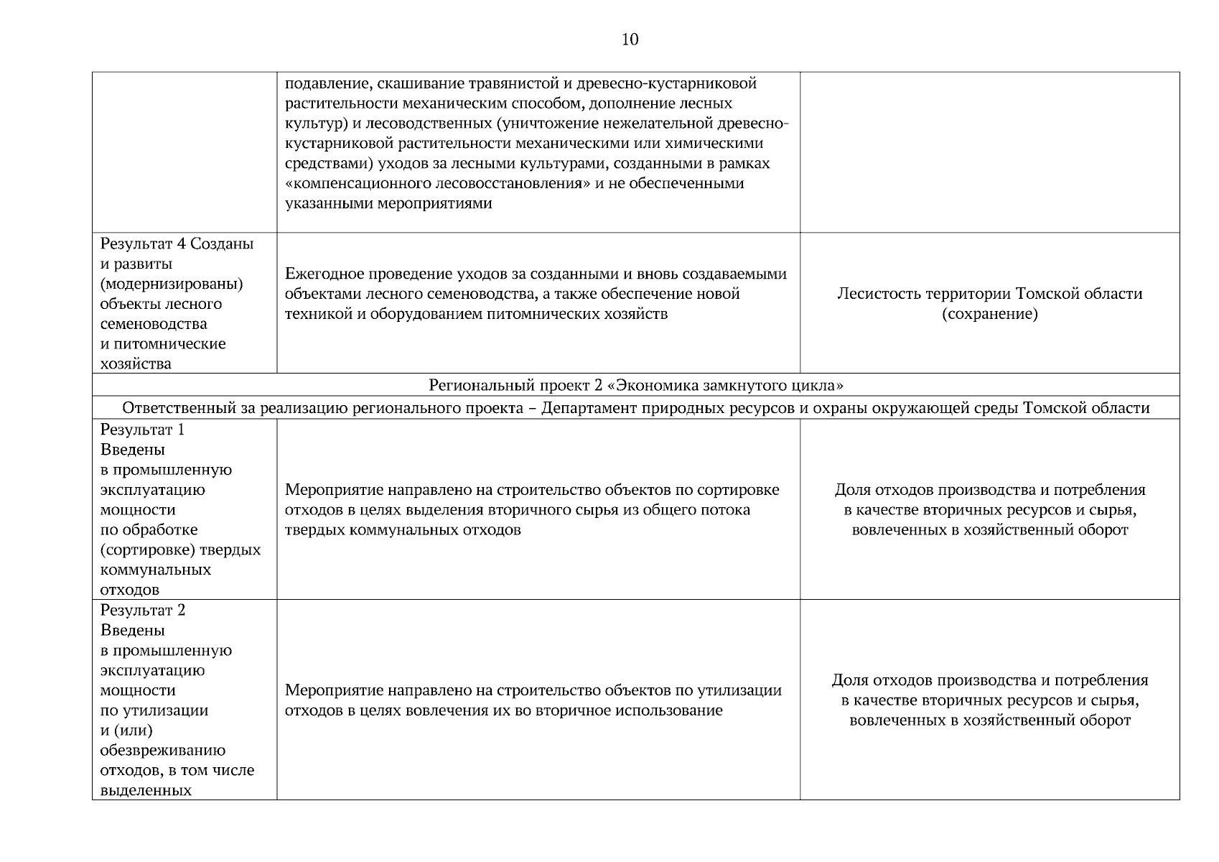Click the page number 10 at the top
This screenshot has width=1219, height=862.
click(x=629, y=40)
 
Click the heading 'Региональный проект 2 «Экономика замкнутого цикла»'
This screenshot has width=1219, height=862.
click(x=635, y=385)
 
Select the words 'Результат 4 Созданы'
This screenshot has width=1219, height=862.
click(x=177, y=244)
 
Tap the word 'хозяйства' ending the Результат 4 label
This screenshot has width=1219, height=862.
click(x=136, y=363)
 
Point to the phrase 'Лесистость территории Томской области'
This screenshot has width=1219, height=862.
click(x=989, y=294)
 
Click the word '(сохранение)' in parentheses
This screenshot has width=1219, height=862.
click(x=989, y=314)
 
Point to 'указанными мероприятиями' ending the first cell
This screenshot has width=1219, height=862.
click(x=388, y=203)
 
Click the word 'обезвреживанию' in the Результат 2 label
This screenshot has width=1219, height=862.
click(x=163, y=750)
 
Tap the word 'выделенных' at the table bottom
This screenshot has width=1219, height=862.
click(x=146, y=790)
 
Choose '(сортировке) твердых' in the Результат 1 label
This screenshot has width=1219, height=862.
click(x=180, y=550)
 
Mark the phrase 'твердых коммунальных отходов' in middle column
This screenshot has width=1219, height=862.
click(x=403, y=530)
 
